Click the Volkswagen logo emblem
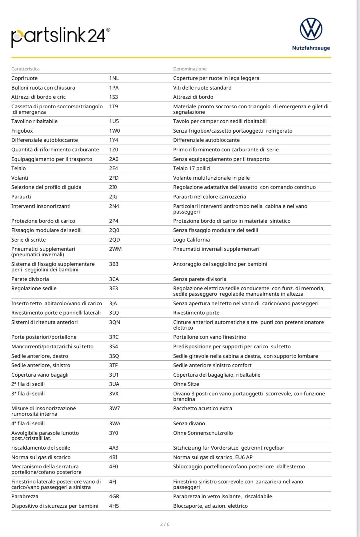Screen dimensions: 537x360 (x=311, y=29)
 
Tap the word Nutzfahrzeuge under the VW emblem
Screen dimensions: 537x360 (x=311, y=48)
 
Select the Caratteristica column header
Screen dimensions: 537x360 (x=26, y=69)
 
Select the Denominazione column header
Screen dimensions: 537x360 (x=190, y=69)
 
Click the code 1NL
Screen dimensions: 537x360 (x=114, y=78)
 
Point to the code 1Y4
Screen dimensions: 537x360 (x=114, y=140)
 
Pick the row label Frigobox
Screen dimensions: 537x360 (x=22, y=131)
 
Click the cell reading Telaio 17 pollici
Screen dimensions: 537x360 (x=192, y=168)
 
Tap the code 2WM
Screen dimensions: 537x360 (x=115, y=249)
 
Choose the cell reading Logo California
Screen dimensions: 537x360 (x=191, y=240)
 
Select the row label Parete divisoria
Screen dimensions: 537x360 (x=30, y=279)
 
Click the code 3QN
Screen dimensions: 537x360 (x=114, y=322)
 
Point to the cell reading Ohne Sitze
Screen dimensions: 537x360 (x=186, y=384)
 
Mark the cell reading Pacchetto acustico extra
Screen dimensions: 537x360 (x=202, y=408)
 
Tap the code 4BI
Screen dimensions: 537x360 (x=113, y=457)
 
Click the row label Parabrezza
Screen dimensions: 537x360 (x=25, y=496)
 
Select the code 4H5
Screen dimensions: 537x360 (x=114, y=506)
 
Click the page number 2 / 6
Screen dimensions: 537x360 (x=165, y=524)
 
